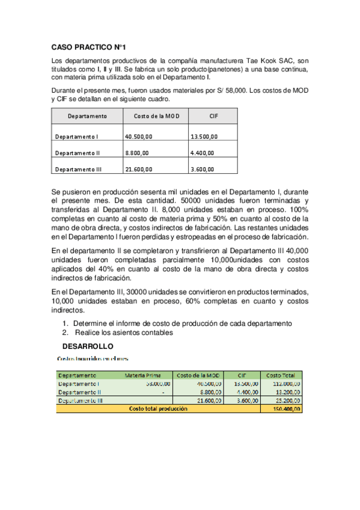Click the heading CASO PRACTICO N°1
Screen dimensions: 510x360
(88, 47)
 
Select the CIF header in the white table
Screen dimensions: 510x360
(213, 116)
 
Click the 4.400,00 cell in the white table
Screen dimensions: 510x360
(204, 153)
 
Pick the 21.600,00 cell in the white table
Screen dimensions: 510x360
(138, 170)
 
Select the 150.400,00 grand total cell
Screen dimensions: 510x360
(285, 408)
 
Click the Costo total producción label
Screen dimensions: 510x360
(157, 408)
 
